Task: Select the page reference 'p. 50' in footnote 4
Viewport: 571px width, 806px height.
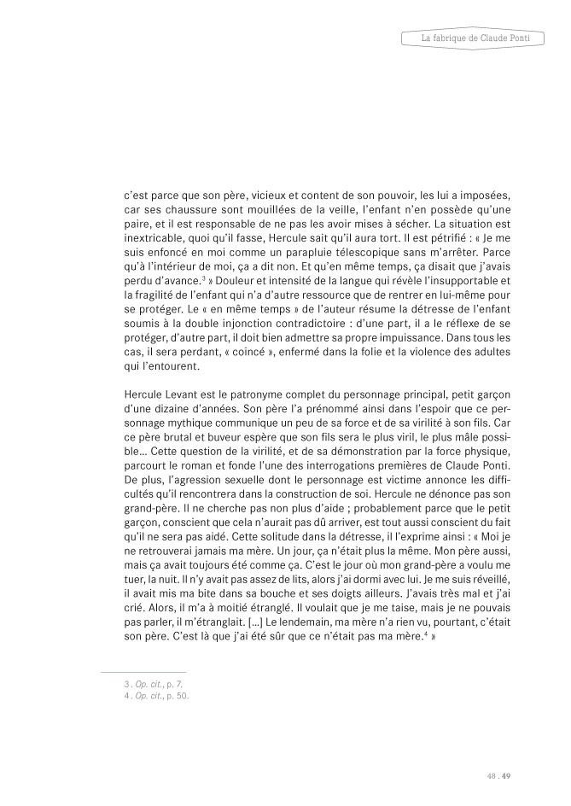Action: click(178, 696)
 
